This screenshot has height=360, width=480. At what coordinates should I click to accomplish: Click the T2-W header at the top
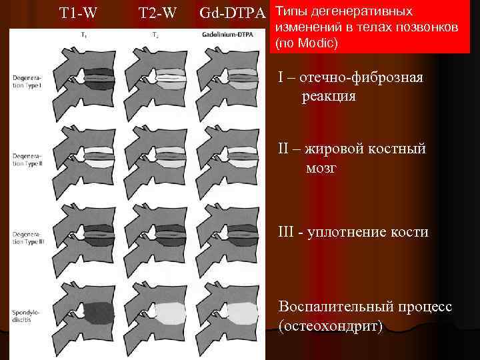pos(157,13)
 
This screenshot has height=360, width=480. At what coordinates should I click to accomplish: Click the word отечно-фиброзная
pos(361,78)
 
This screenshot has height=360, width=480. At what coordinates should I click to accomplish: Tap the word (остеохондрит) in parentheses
pos(331,326)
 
